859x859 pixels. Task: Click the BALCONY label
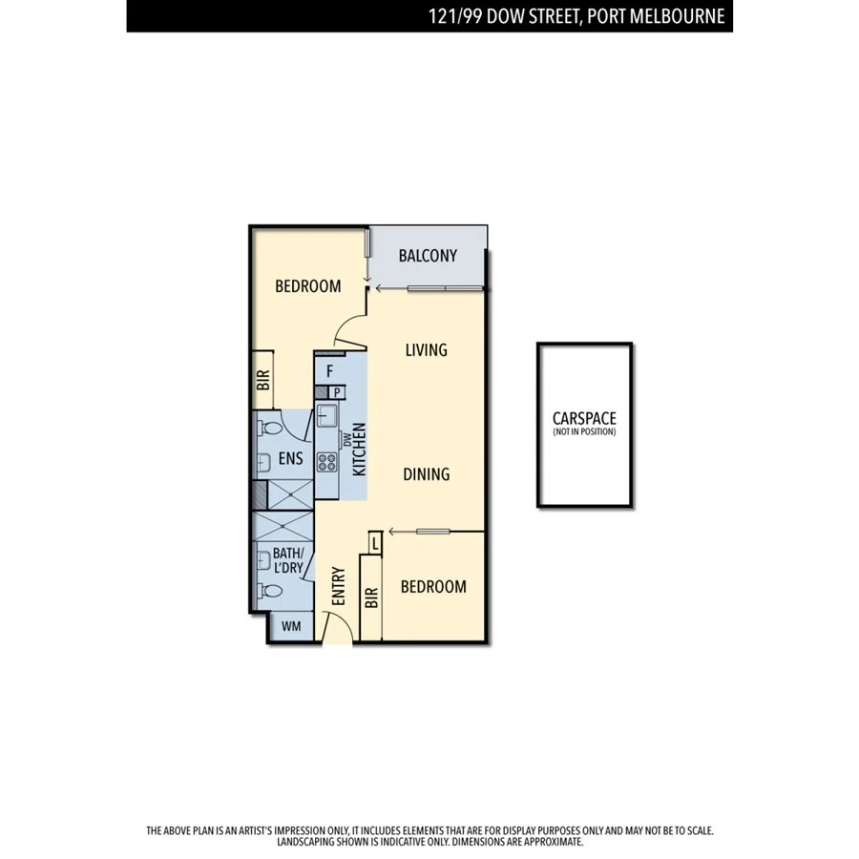click(x=428, y=256)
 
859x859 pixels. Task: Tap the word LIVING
click(x=426, y=350)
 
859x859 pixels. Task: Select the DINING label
click(x=426, y=473)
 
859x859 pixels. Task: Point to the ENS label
click(x=291, y=459)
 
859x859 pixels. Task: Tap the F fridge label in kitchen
click(x=329, y=372)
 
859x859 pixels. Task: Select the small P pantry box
click(x=336, y=392)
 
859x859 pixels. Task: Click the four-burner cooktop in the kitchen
click(x=327, y=463)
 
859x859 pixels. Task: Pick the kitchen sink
click(x=325, y=415)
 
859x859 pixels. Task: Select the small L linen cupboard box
click(x=375, y=543)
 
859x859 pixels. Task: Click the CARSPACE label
click(x=584, y=418)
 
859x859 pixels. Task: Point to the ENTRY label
click(x=338, y=586)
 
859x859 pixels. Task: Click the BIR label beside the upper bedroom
click(x=263, y=382)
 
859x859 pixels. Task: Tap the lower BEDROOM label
click(x=433, y=586)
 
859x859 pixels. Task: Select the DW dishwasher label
click(x=347, y=439)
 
